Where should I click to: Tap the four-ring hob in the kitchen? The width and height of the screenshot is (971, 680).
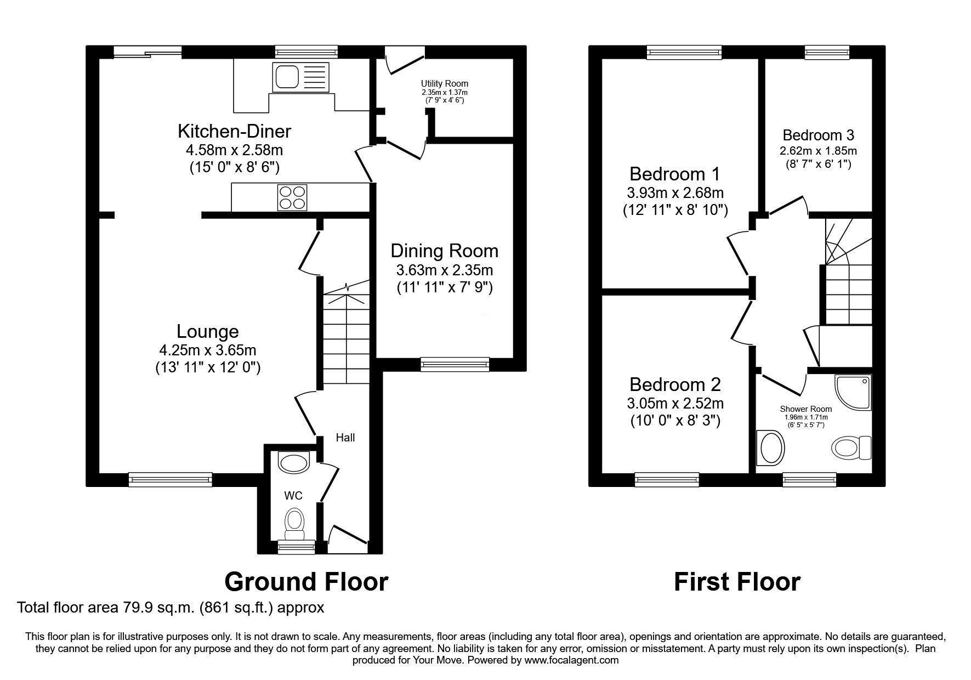[292, 197]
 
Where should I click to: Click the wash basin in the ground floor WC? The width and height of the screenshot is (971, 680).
[294, 462]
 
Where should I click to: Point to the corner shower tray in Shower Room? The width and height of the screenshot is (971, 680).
[853, 392]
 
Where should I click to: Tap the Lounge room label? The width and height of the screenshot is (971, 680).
[208, 331]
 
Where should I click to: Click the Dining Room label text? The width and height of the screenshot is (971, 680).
[445, 251]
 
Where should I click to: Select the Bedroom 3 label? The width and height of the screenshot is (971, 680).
[819, 135]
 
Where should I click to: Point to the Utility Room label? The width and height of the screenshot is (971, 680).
[445, 83]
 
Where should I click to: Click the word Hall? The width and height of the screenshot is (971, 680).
[345, 437]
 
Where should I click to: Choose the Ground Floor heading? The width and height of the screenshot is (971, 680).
[306, 581]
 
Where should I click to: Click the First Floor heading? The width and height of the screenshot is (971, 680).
[737, 581]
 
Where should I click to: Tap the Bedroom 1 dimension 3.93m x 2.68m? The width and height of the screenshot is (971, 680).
[675, 193]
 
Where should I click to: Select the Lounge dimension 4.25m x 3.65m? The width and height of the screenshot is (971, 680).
[208, 349]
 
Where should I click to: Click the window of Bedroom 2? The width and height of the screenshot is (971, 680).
[667, 480]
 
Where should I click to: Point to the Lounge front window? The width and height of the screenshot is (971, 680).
[171, 480]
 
